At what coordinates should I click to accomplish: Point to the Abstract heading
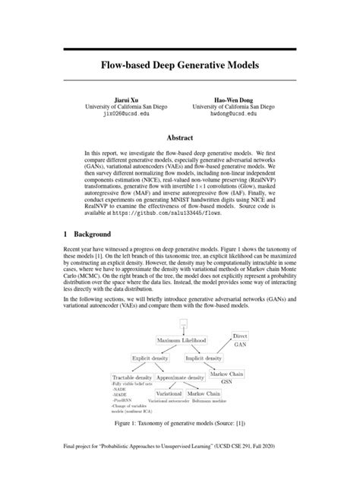tap(180, 137)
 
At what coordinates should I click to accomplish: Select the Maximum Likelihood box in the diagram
tap(185, 341)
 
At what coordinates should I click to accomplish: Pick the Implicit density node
tap(204, 357)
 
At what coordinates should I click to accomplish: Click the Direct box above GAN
tap(240, 335)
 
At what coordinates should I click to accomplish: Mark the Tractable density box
tap(132, 377)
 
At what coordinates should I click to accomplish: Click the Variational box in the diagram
tap(169, 394)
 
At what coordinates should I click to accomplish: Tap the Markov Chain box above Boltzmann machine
tap(204, 394)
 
